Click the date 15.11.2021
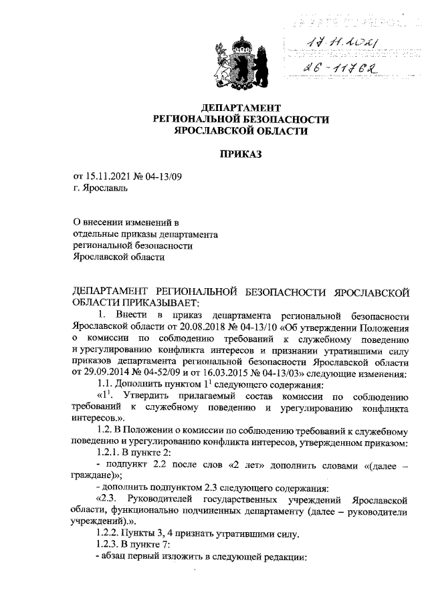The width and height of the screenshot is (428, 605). click(108, 176)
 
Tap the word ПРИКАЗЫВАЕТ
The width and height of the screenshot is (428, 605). click(151, 302)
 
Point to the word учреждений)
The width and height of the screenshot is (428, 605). click(97, 521)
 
